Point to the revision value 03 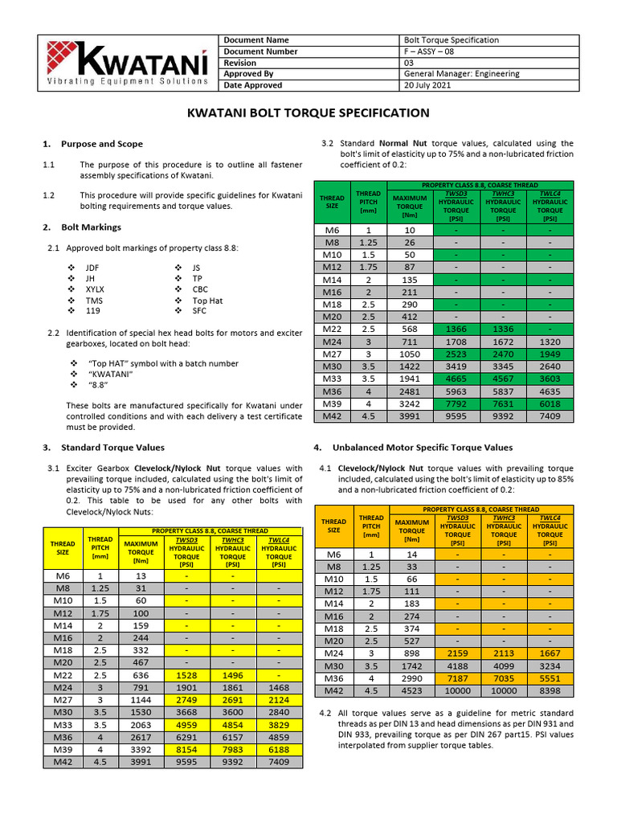tap(409, 63)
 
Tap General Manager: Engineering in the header tap(462, 74)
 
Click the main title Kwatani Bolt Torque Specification tap(308, 113)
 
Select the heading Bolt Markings tap(92, 227)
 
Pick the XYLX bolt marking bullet tap(95, 289)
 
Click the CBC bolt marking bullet tap(200, 289)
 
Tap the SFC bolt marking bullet tap(200, 311)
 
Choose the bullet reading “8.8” tap(97, 386)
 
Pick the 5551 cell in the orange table tap(550, 678)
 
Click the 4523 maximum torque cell tap(412, 690)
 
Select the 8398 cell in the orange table tap(550, 690)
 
